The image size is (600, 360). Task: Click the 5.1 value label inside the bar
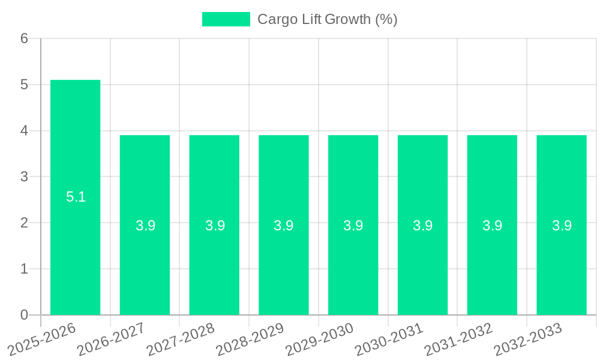76,197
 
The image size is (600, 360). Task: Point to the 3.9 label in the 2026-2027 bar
145,226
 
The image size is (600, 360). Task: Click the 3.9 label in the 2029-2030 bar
353,226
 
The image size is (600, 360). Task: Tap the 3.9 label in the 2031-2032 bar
492,226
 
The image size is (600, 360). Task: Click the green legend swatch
226,19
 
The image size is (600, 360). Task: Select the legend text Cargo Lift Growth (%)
327,19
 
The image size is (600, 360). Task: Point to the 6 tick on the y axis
24,38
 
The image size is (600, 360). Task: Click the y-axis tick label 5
24,85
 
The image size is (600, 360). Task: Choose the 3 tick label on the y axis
24,177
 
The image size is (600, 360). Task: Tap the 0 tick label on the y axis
24,315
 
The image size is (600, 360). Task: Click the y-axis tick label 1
24,269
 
